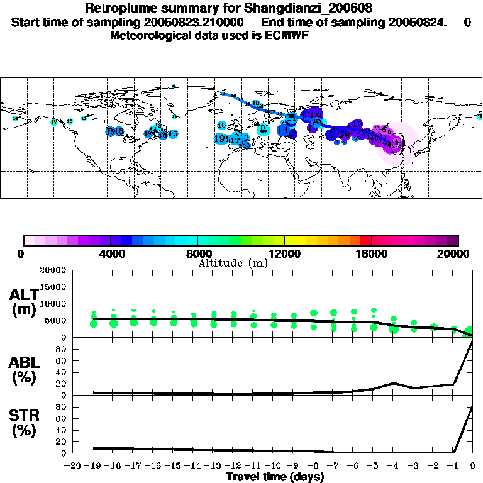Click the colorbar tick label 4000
click(x=111, y=253)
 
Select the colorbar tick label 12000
click(x=284, y=253)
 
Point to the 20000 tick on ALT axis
click(x=53, y=270)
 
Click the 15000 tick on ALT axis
click(x=53, y=287)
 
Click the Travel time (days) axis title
click(x=275, y=477)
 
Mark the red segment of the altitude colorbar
click(x=365, y=240)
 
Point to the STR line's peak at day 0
click(x=472, y=406)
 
